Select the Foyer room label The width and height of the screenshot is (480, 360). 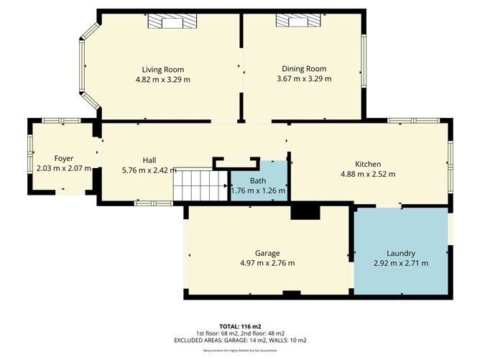[x=64, y=158]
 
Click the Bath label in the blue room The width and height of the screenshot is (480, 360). [x=258, y=180]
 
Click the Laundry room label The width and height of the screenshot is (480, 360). [x=401, y=253]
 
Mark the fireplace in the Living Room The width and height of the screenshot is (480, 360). [x=172, y=22]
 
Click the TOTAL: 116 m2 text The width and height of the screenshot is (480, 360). [x=240, y=326]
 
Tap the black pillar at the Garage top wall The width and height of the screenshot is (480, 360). [x=305, y=211]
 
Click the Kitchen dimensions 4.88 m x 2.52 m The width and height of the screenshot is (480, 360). [x=367, y=174]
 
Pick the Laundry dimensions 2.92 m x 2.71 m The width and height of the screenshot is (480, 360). [x=401, y=263]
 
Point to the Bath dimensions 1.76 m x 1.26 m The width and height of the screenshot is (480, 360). [x=258, y=190]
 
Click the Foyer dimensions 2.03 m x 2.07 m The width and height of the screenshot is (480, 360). [x=64, y=168]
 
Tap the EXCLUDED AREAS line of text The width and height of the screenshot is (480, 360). [x=240, y=340]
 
